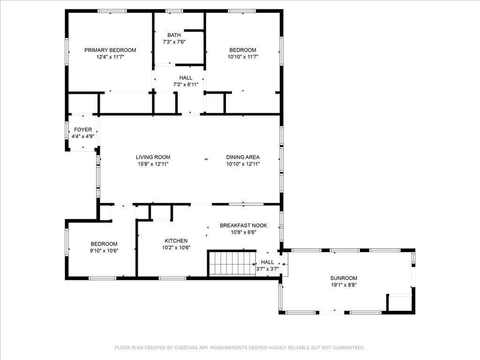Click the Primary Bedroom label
pos(110,50)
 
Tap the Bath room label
pos(174,35)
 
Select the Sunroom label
pos(344,278)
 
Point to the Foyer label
pos(83,130)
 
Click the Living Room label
pos(153,157)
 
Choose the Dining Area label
pos(243,157)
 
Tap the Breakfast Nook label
pos(243,225)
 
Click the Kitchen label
pos(176,241)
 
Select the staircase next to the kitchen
pos(232,263)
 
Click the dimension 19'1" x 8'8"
pos(344,285)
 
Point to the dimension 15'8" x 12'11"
pos(153,164)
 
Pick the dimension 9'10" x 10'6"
pos(104,251)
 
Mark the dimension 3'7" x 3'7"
pos(268,269)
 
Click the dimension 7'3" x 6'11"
pos(186,84)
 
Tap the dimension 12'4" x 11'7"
pos(110,57)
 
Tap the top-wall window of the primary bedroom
pos(112,11)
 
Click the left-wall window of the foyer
pos(67,131)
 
